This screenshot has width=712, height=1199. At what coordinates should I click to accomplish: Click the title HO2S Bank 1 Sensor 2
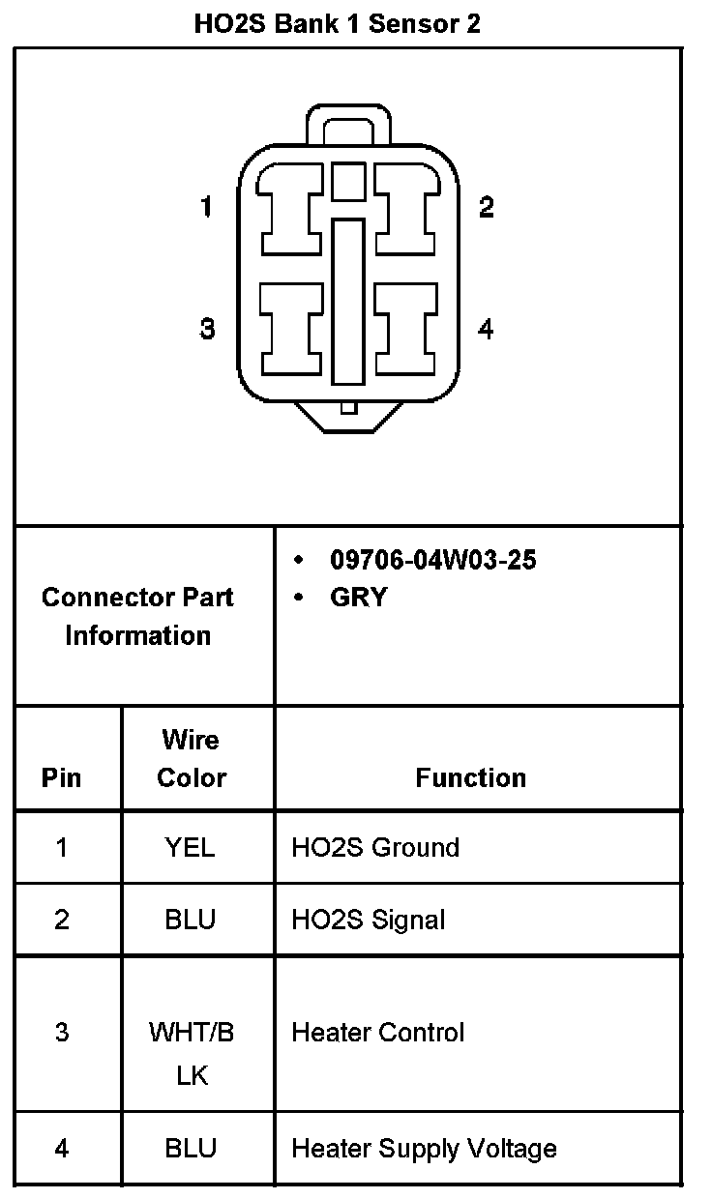[x=337, y=24]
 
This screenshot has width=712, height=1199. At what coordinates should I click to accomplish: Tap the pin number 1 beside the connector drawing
[x=206, y=207]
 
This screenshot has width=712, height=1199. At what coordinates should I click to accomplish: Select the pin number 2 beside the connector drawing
[x=487, y=207]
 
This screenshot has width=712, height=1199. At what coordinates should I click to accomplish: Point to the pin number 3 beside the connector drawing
[x=207, y=329]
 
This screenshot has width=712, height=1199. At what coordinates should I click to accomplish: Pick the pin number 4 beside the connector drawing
[x=486, y=329]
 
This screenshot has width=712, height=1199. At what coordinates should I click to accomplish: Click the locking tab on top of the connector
[x=348, y=124]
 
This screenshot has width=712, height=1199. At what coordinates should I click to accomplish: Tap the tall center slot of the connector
[x=348, y=300]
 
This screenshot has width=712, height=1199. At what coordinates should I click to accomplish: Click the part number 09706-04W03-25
[x=432, y=560]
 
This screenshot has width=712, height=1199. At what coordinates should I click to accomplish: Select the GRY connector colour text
[x=358, y=598]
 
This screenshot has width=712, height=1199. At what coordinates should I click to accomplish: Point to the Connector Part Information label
[x=137, y=616]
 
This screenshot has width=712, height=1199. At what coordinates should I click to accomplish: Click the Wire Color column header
[x=192, y=759]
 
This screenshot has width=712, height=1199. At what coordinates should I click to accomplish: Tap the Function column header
[x=471, y=777]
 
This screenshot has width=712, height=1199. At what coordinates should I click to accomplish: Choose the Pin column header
[x=62, y=777]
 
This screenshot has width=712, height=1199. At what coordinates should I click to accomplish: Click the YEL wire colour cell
[x=191, y=848]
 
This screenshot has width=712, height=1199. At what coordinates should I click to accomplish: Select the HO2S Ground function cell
[x=375, y=848]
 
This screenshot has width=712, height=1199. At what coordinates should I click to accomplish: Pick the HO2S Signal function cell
[x=369, y=919]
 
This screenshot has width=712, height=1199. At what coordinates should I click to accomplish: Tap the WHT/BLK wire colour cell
[x=192, y=1053]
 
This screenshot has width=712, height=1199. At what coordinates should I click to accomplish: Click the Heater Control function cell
[x=378, y=1033]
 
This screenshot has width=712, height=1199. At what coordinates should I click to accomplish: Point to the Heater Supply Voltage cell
[x=424, y=1149]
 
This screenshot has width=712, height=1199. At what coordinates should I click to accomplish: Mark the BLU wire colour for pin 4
[x=191, y=1149]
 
